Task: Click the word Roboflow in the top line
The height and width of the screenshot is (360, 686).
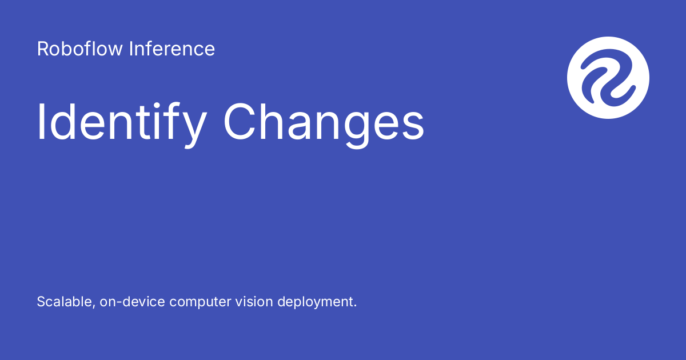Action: point(79,49)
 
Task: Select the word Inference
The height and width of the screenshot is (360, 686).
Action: point(171,49)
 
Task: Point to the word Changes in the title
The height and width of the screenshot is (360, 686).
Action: point(324,123)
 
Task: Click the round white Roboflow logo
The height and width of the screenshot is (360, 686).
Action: point(608,78)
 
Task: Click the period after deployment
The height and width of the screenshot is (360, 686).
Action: point(354,306)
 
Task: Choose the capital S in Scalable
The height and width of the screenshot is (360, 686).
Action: point(41,302)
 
